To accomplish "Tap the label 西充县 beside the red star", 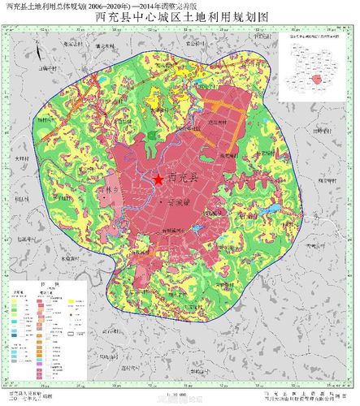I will (x=183, y=179).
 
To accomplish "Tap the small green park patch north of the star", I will (x=154, y=135).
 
